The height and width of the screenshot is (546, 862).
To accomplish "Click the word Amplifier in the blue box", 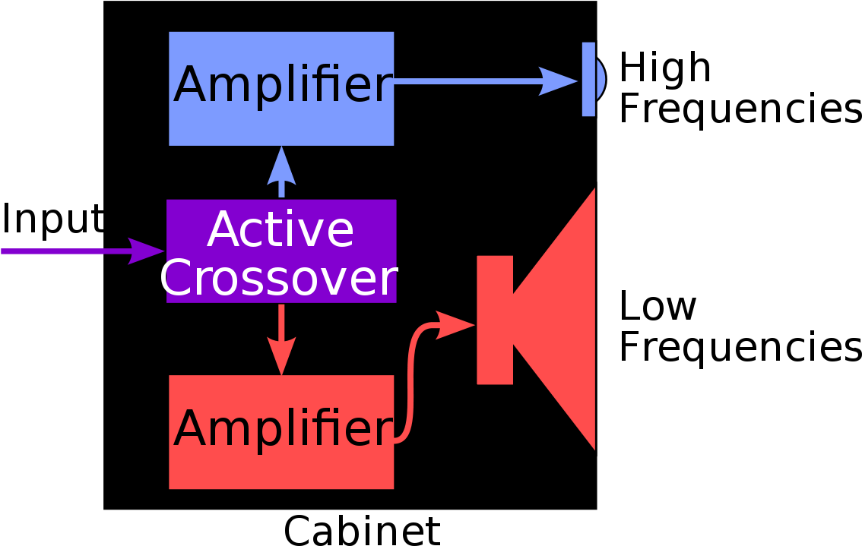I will (282, 86).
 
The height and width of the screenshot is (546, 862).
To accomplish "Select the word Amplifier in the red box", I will (282, 430).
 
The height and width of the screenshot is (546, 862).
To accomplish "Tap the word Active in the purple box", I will (280, 230).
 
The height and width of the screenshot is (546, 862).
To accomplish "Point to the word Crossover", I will (278, 279).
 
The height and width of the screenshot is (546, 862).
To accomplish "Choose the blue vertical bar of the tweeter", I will (588, 79).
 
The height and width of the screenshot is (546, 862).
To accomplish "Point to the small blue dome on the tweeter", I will (600, 79).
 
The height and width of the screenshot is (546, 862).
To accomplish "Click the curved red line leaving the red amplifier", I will (411, 380).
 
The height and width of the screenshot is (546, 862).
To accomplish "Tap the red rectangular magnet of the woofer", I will (495, 320).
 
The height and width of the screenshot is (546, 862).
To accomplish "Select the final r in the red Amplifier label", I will (385, 431).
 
